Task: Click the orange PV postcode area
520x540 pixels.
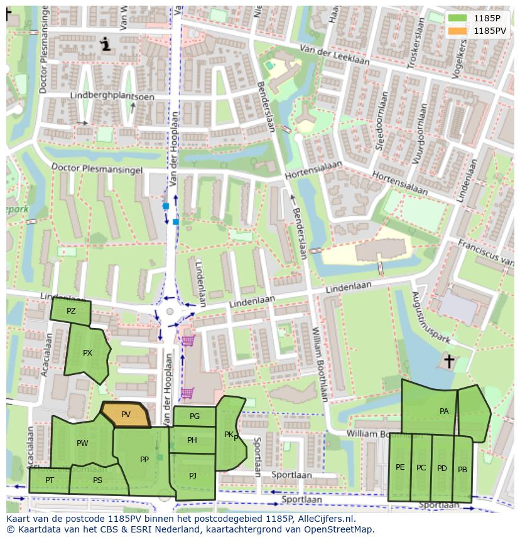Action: (126, 415)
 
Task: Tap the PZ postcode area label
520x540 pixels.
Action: (71, 311)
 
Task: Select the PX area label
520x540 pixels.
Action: (87, 353)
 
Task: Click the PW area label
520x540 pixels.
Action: (82, 443)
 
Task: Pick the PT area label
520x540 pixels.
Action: (50, 480)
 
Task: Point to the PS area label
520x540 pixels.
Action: (97, 480)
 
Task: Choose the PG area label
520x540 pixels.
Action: (194, 416)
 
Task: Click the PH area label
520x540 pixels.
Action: (192, 440)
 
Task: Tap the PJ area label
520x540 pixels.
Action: (193, 475)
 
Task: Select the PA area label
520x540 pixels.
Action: (444, 411)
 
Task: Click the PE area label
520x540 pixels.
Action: (400, 467)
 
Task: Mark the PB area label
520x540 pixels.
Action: (462, 470)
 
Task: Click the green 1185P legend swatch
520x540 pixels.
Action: (458, 18)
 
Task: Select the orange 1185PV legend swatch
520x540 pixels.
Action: (458, 30)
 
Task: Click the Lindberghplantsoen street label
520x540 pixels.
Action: (102, 95)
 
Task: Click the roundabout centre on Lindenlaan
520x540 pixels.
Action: (170, 312)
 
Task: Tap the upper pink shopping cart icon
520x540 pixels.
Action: (188, 341)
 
